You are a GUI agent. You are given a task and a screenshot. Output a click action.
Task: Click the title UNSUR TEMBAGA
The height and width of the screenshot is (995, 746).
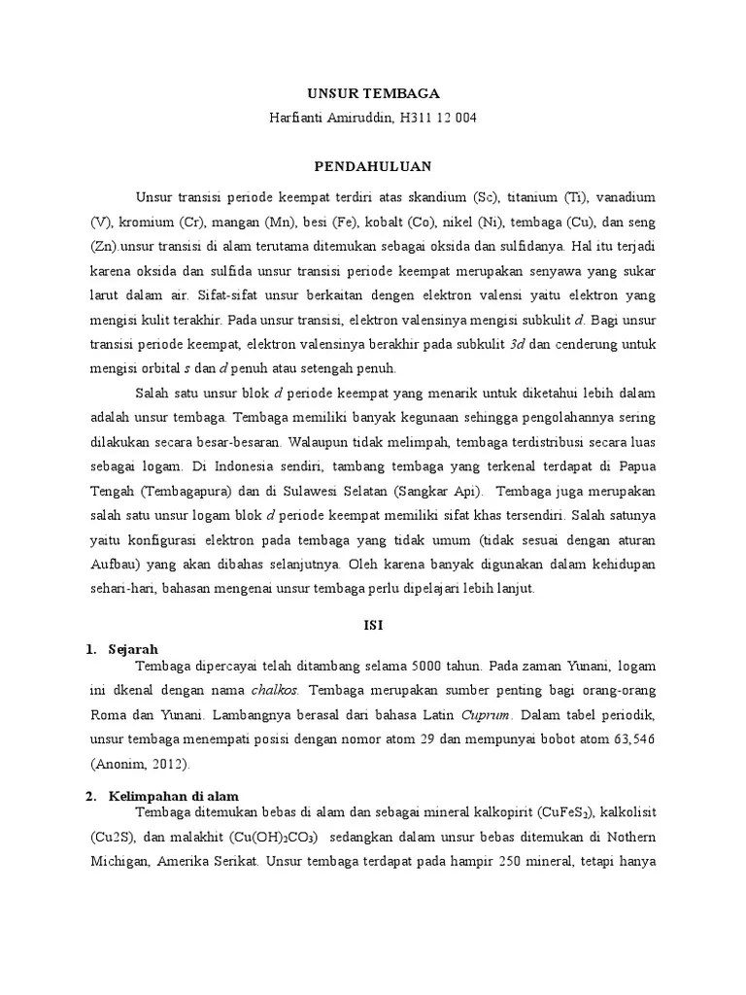click(x=373, y=94)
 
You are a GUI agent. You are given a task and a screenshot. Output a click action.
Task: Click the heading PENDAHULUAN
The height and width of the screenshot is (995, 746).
click(x=373, y=166)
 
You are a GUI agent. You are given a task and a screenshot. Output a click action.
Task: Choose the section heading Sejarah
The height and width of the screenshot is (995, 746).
click(x=134, y=648)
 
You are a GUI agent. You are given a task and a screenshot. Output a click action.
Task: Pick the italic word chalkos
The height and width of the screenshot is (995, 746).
click(x=275, y=690)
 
